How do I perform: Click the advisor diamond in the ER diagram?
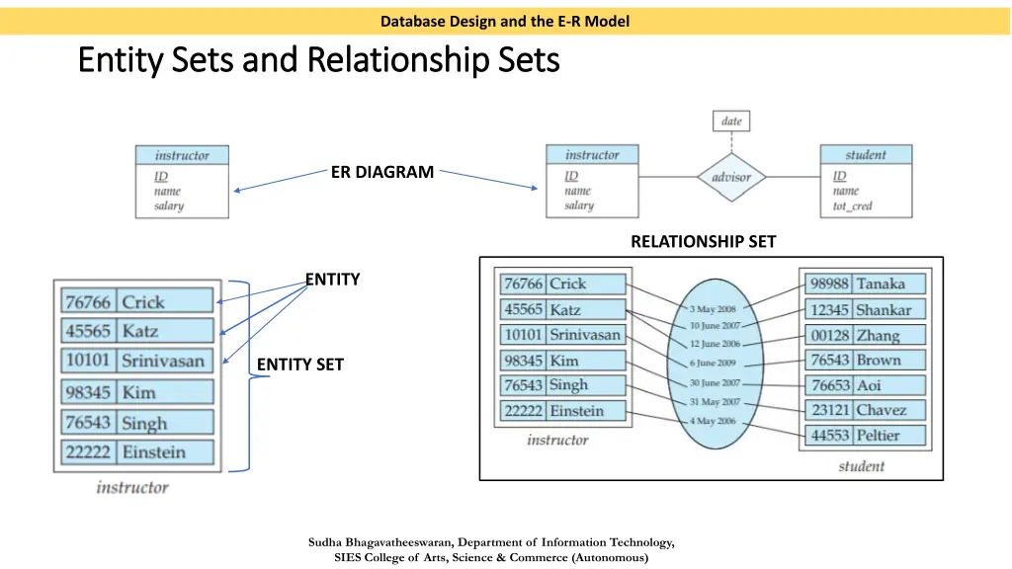coord(731,178)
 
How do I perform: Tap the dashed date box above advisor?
coord(731,122)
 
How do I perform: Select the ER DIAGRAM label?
coord(381,172)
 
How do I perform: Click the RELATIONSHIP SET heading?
coord(703,241)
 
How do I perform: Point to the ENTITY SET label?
coord(300,366)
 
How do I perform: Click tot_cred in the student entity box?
coord(853,206)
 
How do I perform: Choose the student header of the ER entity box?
coord(866,155)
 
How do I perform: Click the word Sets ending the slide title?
coord(523,61)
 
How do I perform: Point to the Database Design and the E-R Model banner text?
coord(505,21)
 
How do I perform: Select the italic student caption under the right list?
coord(862,466)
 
